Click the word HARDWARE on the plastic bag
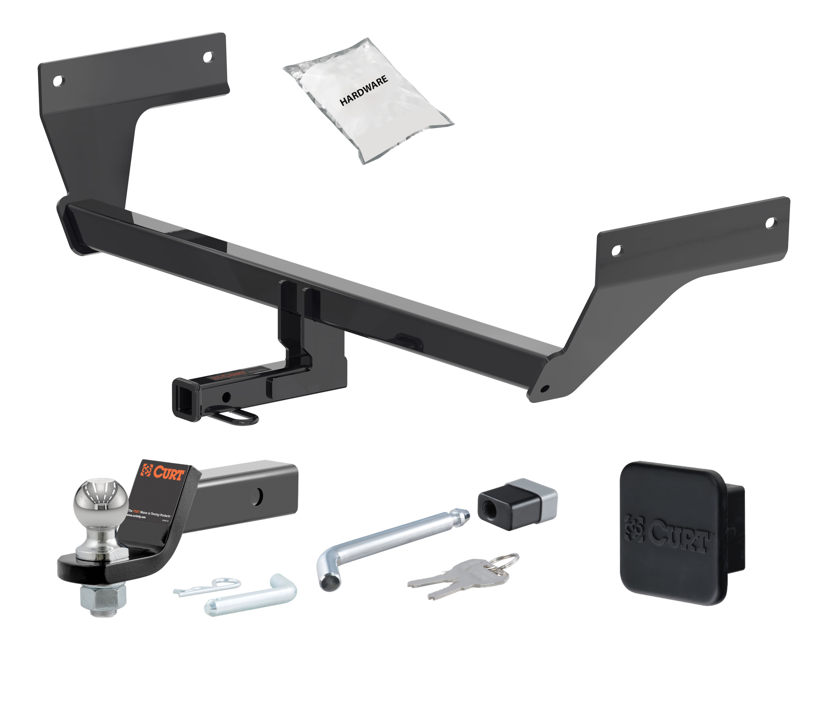tap(364, 91)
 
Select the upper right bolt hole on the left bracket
tap(208, 58)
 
